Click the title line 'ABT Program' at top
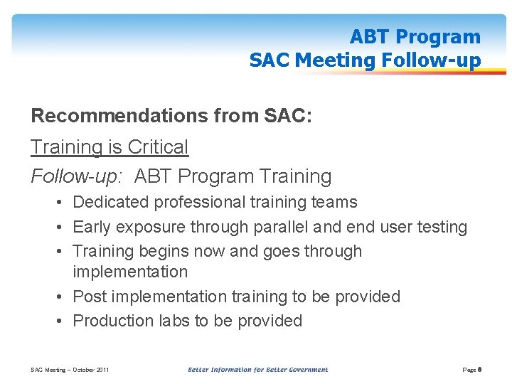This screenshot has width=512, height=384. (x=415, y=37)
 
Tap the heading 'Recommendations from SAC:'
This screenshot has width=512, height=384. (x=171, y=115)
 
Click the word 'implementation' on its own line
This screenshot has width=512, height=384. (x=130, y=272)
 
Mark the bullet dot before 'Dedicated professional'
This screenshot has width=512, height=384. (x=63, y=203)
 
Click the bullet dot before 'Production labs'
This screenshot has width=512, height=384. (x=63, y=321)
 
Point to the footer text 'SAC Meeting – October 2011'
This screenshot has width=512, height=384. (x=70, y=370)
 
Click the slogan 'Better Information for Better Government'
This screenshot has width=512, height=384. (x=257, y=370)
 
